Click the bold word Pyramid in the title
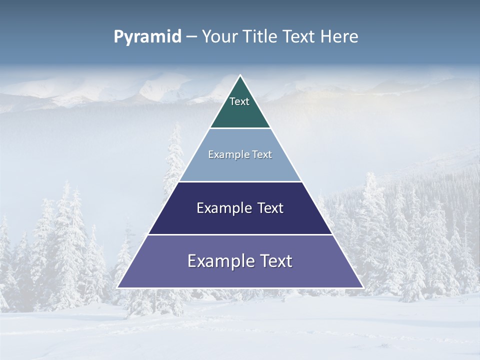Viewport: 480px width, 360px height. [x=147, y=37]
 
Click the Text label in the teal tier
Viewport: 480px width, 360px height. [x=239, y=101]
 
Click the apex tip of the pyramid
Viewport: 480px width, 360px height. [x=240, y=75]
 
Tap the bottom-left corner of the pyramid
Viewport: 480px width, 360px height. [x=118, y=287]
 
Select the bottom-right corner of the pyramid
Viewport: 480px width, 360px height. [x=362, y=287]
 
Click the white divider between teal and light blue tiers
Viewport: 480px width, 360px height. [x=240, y=128]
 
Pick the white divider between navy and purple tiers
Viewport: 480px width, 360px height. [x=240, y=234]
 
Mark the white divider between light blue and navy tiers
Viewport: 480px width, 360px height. [x=240, y=181]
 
